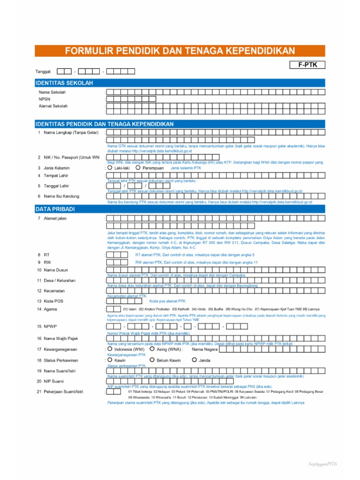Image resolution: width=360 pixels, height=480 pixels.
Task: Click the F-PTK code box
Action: [305, 66]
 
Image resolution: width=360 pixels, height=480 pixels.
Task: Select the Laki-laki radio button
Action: [110, 167]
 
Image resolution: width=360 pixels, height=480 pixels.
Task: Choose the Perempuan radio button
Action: [138, 167]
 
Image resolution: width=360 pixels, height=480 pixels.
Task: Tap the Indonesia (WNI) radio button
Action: [110, 349]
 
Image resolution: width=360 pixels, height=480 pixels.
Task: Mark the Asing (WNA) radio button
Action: [152, 349]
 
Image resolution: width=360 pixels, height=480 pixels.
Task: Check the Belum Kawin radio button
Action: [152, 360]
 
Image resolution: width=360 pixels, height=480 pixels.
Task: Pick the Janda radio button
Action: [195, 360]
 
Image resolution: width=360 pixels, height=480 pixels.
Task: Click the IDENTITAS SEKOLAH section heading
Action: [64, 83]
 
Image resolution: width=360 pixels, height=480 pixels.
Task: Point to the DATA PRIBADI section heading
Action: [55, 209]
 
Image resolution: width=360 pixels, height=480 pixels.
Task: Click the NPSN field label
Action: [45, 99]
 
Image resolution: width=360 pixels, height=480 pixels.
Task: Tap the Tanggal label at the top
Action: [44, 71]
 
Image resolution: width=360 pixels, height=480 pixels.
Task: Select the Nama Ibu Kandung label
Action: [61, 196]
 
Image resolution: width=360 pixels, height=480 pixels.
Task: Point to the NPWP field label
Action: [50, 326]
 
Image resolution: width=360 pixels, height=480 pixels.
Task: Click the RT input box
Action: [117, 255]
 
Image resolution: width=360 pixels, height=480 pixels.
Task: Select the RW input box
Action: [117, 262]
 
